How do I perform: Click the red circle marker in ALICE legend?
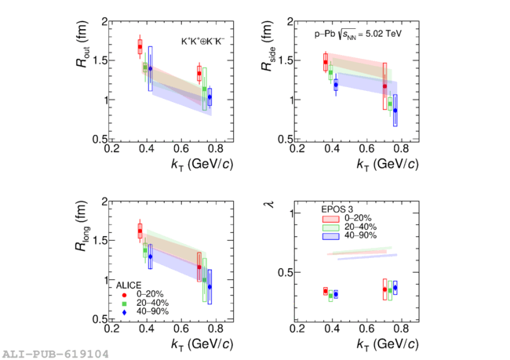pyautogui.click(x=124, y=294)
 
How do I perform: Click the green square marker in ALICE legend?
pyautogui.click(x=124, y=304)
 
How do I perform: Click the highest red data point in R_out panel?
pyautogui.click(x=140, y=47)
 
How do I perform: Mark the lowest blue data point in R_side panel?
pyautogui.click(x=395, y=111)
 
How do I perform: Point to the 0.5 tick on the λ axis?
pyautogui.click(x=287, y=272)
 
